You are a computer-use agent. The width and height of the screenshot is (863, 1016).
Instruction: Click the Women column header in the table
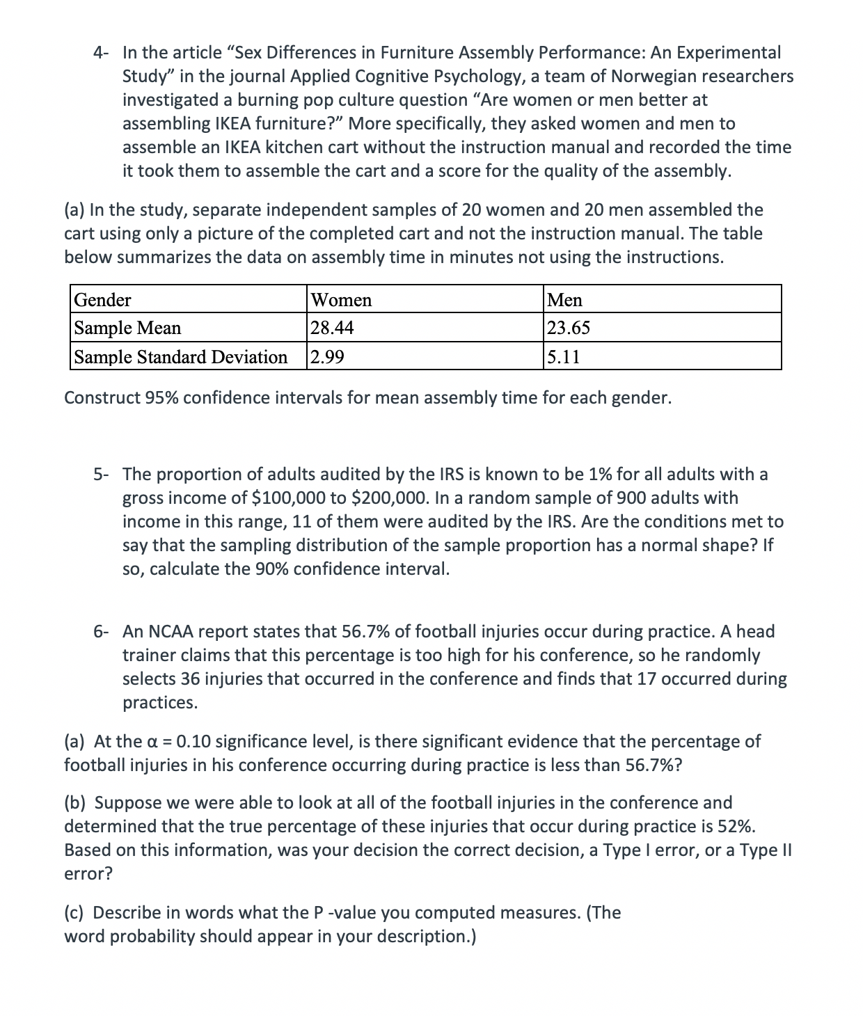[341, 300]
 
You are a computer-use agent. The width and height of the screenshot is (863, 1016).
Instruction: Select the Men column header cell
[565, 300]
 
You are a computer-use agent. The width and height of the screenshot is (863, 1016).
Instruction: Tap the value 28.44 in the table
[332, 328]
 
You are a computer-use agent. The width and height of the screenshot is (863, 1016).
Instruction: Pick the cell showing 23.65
[569, 328]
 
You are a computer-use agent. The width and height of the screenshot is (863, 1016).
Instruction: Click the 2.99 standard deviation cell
[327, 357]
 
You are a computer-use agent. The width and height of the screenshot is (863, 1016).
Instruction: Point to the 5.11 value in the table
[564, 357]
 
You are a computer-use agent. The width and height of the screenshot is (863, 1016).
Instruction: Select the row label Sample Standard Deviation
[181, 357]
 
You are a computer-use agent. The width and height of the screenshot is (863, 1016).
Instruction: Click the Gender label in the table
[102, 300]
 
